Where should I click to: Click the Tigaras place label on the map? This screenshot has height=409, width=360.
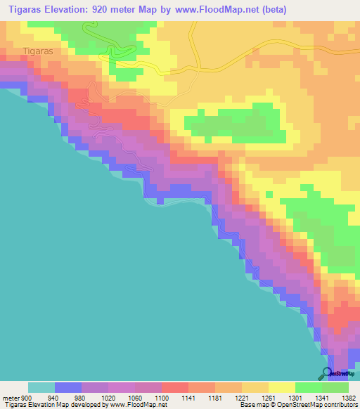coord(38,51)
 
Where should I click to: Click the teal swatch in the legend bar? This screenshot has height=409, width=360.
coord(41,387)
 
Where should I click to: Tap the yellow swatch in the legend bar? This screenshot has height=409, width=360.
coord(281,387)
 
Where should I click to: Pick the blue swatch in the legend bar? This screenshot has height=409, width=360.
coord(68,387)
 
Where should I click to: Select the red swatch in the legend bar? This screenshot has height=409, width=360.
coord(174,387)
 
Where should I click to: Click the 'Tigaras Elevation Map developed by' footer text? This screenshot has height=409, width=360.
coord(56,405)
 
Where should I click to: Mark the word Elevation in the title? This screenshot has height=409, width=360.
coord(80,9)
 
